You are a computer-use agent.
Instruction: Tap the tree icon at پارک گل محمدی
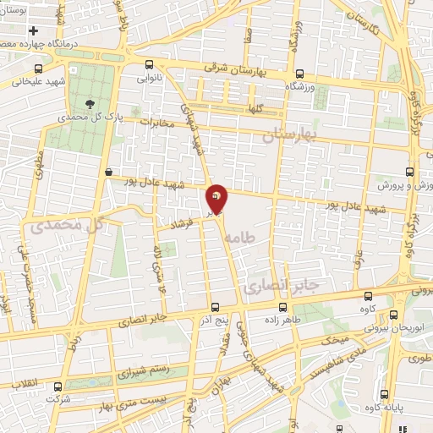90,100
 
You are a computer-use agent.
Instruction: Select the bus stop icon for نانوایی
150,64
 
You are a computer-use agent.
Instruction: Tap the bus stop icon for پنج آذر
215,308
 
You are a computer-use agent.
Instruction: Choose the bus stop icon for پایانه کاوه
386,395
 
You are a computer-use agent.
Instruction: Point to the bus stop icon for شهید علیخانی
38,69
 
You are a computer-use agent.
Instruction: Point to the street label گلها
253,110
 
